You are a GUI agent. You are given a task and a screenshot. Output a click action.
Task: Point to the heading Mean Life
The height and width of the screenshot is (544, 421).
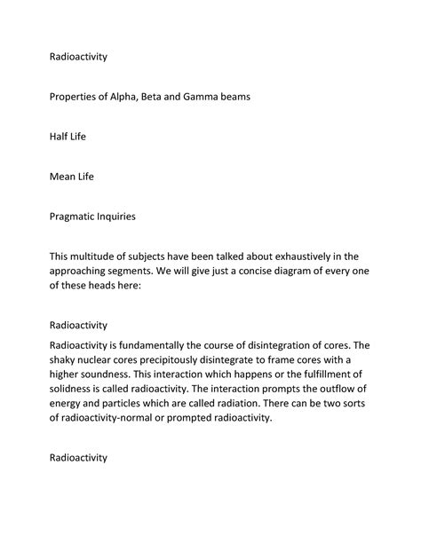point(72,176)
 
